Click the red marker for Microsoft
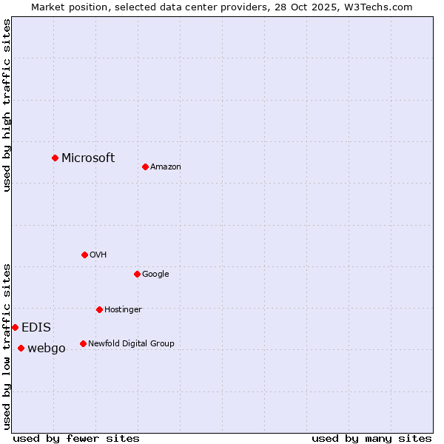click(x=55, y=158)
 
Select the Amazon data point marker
click(x=145, y=166)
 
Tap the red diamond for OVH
click(x=84, y=255)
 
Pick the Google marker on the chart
click(x=137, y=274)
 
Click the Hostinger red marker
click(x=99, y=309)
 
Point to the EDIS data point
click(x=15, y=327)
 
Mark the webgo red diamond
click(x=21, y=348)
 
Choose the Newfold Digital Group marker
click(x=83, y=343)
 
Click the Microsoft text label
click(x=88, y=158)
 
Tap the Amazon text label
click(x=166, y=166)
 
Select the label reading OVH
click(x=98, y=255)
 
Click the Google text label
click(x=155, y=274)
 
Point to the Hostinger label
click(x=123, y=309)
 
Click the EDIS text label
click(x=36, y=327)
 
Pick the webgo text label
click(x=47, y=348)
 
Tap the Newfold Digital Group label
click(x=131, y=343)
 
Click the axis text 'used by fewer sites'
click(x=76, y=438)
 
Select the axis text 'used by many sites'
click(x=371, y=438)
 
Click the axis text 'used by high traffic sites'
click(x=7, y=105)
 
